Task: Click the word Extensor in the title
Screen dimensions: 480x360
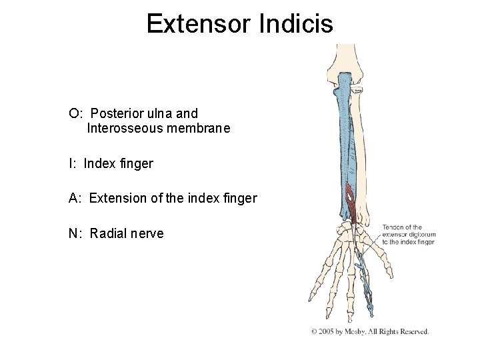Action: (195, 24)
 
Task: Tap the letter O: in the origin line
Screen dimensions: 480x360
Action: (75, 114)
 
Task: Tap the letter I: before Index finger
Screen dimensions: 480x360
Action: (73, 163)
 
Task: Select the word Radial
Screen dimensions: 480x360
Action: (107, 233)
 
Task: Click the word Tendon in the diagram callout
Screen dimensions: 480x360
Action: (394, 227)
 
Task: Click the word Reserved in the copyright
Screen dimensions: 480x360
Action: (413, 331)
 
